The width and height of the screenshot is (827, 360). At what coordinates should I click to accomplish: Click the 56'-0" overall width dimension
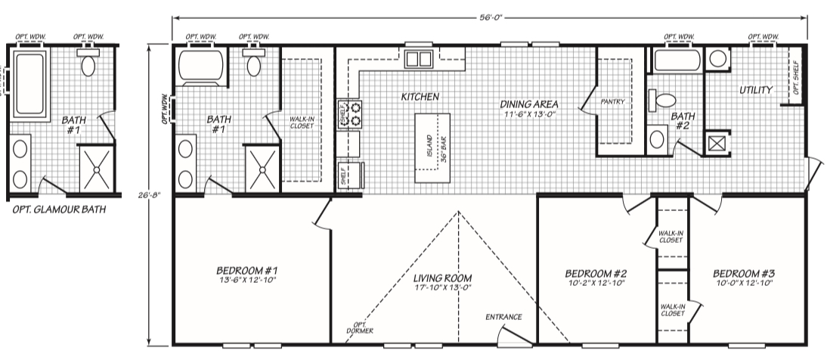[491, 17]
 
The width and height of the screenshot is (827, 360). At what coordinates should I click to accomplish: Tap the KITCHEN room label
[420, 97]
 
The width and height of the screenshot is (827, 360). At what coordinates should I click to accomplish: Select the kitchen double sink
[419, 58]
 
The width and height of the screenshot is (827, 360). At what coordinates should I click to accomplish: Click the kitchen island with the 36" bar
[432, 147]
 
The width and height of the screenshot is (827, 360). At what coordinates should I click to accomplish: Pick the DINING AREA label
[529, 104]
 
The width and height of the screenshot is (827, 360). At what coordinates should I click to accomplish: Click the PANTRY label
[612, 101]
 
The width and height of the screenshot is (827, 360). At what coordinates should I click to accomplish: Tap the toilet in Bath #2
[662, 101]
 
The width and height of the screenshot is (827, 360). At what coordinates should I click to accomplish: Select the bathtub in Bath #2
[677, 61]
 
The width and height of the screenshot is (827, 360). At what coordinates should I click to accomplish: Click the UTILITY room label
[755, 90]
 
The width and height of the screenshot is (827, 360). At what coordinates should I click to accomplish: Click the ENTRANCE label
[503, 317]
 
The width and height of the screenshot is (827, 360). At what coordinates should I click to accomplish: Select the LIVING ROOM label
[442, 278]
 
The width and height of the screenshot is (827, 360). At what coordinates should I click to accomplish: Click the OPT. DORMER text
[361, 327]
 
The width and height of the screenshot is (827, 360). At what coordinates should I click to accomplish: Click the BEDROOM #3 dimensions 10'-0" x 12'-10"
[743, 283]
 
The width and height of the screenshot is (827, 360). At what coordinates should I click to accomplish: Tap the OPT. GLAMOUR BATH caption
[58, 209]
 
